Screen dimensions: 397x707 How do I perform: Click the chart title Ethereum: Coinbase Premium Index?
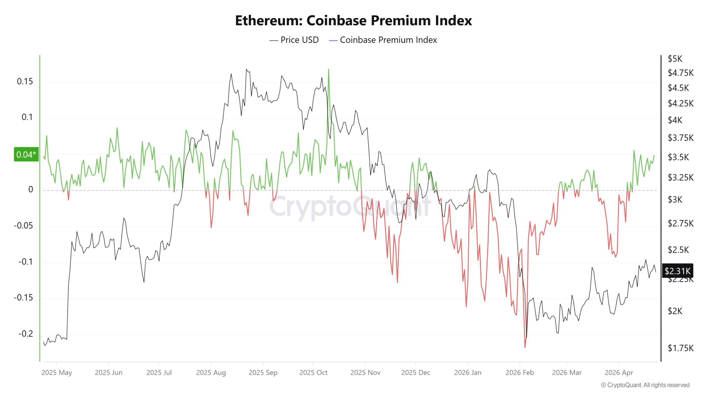[x=353, y=21]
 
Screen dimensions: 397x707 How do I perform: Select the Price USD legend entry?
[x=294, y=40]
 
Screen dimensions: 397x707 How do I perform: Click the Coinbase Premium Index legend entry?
[x=383, y=40]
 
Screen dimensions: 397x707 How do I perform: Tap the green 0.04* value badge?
[x=26, y=155]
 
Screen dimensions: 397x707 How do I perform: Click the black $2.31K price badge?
[x=677, y=271]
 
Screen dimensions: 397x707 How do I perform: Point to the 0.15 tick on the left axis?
[x=25, y=82]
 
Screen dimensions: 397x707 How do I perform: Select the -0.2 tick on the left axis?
[x=25, y=334]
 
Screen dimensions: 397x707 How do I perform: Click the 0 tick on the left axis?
[x=31, y=190]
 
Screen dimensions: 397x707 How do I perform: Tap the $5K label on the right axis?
[x=675, y=59]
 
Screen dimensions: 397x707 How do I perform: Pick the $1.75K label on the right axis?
[x=680, y=348]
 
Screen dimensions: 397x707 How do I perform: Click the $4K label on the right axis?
[x=675, y=120]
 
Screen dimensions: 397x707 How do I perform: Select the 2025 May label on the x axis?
[x=57, y=373]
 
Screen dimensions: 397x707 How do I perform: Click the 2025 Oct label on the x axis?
[x=313, y=373]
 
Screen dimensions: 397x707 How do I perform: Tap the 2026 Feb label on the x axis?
[x=519, y=373]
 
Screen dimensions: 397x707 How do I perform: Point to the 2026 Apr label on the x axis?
[x=619, y=373]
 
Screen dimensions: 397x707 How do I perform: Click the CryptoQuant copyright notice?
[x=645, y=385]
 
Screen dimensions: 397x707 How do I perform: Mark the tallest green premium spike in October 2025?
[x=328, y=69]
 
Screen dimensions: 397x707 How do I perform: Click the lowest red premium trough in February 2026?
[x=525, y=347]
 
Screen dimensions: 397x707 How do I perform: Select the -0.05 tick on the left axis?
[x=23, y=226]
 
